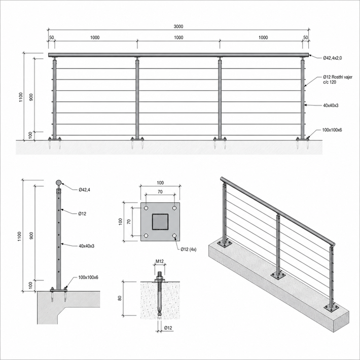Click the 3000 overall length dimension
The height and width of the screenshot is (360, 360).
[x=178, y=26]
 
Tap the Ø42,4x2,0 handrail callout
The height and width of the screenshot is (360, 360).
[x=332, y=58]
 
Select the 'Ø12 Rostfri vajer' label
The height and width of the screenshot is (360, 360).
[x=338, y=77]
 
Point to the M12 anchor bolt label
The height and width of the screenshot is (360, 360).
[x=160, y=261]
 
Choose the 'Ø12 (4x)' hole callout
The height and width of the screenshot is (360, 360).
[x=188, y=249]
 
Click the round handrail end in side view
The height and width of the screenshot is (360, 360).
[x=59, y=183]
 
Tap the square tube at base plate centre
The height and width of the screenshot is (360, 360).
[x=160, y=222]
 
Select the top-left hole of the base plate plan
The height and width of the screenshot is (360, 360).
[x=146, y=208]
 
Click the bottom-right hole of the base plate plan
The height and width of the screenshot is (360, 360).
[x=174, y=236]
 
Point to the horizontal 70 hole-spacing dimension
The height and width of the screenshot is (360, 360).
[x=160, y=192]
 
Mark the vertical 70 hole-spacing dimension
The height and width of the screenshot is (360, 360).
[x=129, y=222]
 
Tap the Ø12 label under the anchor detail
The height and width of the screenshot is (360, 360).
[x=168, y=328]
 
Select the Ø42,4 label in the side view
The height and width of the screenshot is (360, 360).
[x=84, y=190]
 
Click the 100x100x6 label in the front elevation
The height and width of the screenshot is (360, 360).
[x=332, y=130]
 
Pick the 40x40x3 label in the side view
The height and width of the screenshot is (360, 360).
[x=86, y=246]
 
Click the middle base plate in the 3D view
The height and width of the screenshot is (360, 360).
[x=278, y=275]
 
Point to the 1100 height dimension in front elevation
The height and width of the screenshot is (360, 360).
[x=21, y=97]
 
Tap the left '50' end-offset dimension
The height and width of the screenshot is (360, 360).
[x=52, y=38]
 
